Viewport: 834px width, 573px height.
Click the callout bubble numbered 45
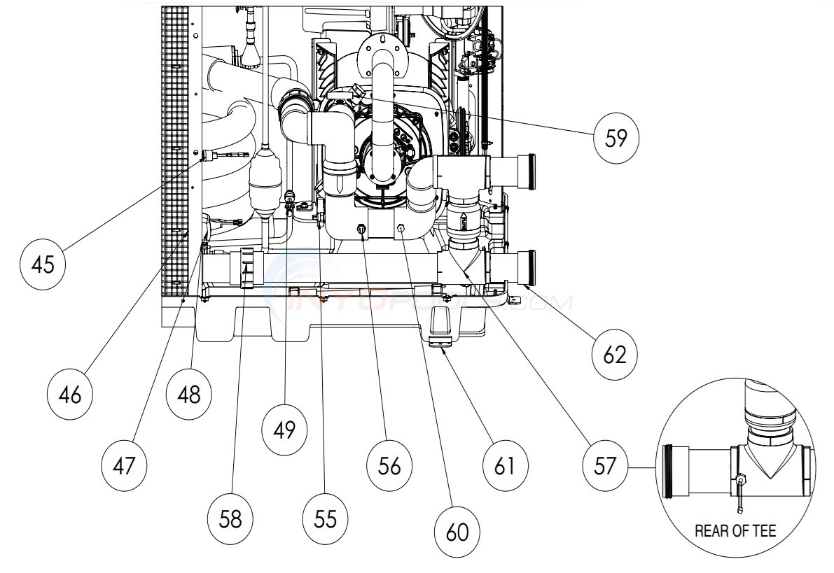click(x=43, y=266)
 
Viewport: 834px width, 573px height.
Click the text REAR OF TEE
click(x=735, y=531)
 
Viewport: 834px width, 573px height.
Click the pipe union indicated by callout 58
click(x=246, y=267)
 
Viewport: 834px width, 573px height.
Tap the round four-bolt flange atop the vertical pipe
click(x=382, y=50)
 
